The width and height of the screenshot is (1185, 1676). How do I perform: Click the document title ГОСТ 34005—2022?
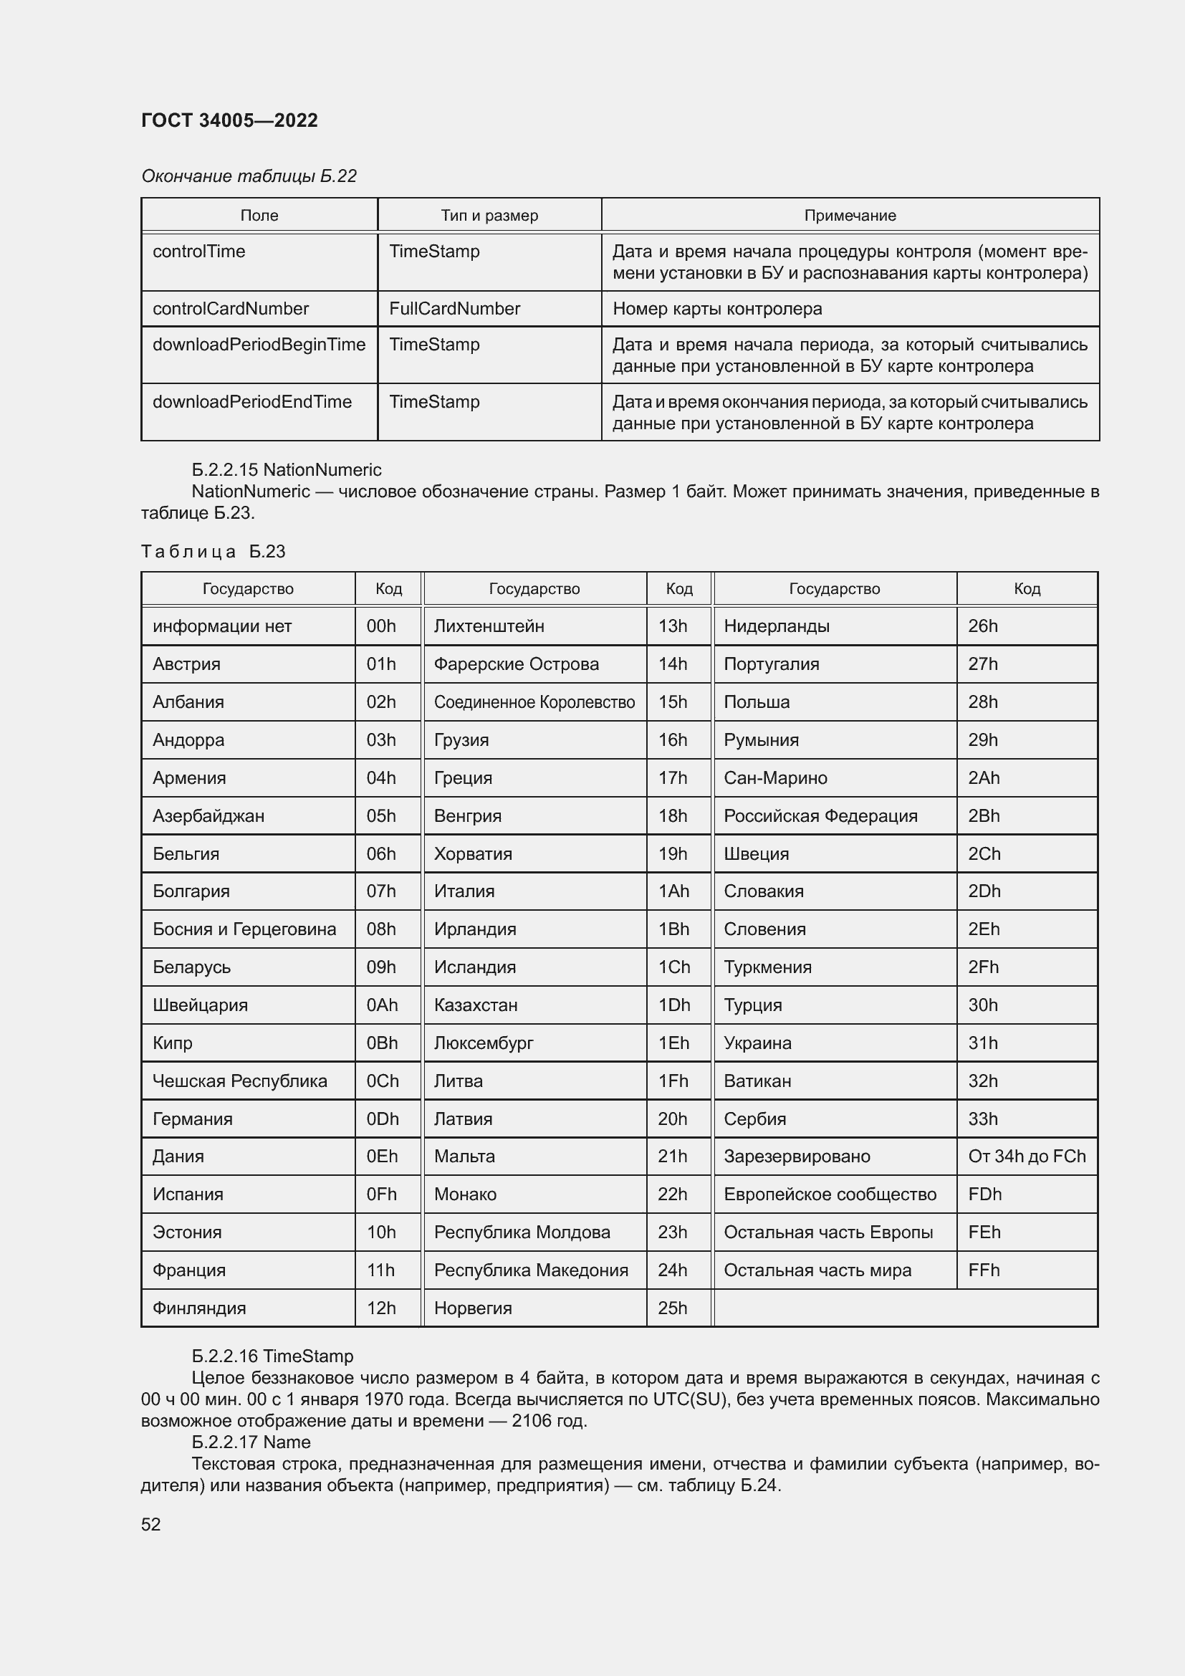click(229, 120)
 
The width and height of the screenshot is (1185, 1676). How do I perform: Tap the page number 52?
click(151, 1524)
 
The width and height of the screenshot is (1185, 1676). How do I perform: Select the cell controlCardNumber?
click(231, 309)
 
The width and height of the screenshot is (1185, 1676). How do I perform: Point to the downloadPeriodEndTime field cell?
click(251, 402)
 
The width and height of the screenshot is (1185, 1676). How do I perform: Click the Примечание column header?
click(850, 216)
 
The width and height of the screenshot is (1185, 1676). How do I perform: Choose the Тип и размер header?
click(489, 216)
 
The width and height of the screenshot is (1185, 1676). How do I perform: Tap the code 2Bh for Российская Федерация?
click(984, 816)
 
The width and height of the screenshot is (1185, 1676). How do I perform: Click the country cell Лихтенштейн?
click(489, 626)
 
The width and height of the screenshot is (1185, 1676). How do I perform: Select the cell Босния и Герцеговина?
click(244, 929)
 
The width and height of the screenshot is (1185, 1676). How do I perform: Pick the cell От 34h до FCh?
click(1027, 1157)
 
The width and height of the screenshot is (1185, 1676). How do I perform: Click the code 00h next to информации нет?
click(381, 626)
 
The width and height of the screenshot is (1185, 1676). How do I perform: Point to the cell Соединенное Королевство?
click(534, 702)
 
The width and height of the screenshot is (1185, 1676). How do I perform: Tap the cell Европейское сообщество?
click(830, 1194)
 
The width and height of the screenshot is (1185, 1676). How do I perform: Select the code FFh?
click(984, 1270)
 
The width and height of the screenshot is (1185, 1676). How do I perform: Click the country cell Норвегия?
click(472, 1308)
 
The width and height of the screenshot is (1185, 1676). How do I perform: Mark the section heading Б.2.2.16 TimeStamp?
click(272, 1356)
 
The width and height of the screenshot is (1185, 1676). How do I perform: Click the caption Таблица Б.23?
click(213, 552)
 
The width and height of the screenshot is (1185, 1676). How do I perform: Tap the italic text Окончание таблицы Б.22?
click(249, 176)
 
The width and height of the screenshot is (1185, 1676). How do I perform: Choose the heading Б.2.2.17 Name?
click(251, 1442)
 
